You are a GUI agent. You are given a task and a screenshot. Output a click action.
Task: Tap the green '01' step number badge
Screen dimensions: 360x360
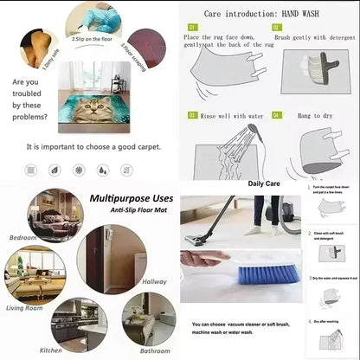point(192,28)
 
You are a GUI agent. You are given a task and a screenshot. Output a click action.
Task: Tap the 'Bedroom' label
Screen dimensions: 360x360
point(22,236)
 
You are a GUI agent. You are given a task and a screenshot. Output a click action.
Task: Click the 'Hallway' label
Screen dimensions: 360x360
point(153,281)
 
